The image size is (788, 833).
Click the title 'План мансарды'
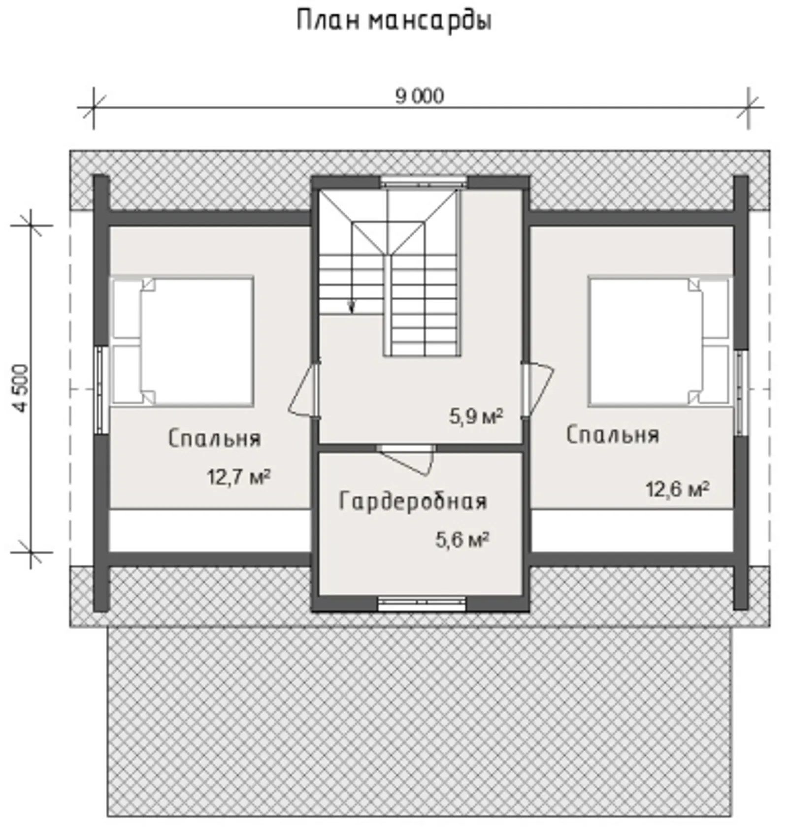[394, 21]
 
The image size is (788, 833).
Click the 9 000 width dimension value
[420, 96]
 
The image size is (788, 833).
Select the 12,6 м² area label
[677, 489]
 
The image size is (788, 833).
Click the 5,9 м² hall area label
[476, 416]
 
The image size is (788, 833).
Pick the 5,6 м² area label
[462, 540]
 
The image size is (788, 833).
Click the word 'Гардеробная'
[413, 502]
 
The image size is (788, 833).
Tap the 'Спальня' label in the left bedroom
[214, 438]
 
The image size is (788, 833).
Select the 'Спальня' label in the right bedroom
[612, 435]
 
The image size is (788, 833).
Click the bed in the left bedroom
[182, 341]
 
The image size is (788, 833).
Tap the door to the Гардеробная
[408, 460]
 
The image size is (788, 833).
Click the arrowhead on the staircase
[352, 309]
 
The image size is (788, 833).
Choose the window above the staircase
[424, 182]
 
